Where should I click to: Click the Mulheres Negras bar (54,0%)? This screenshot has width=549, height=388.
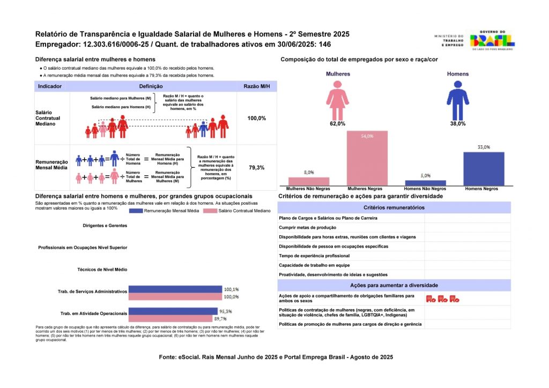[367, 159]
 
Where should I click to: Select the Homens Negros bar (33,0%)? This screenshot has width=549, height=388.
[484, 169]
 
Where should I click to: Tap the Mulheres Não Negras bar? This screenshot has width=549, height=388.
[309, 181]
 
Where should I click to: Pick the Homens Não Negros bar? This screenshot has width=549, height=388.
[425, 183]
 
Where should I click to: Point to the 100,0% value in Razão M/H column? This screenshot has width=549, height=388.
[257, 118]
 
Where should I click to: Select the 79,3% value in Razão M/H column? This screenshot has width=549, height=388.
[257, 168]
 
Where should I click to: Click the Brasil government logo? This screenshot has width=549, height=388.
[492, 40]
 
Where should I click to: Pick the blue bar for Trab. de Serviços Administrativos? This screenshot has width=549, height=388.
[175, 289]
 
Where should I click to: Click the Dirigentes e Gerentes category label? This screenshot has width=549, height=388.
[105, 226]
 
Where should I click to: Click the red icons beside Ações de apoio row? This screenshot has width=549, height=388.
[442, 299]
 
